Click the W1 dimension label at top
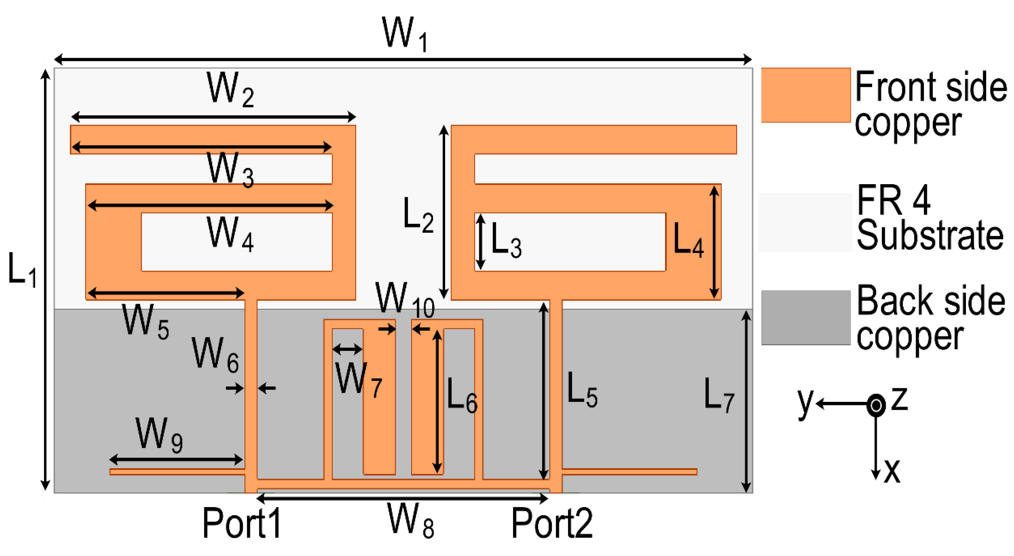405,35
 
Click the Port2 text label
552,523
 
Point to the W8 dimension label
411,520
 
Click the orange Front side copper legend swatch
805,95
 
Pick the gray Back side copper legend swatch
805,317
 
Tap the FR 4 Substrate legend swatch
805,222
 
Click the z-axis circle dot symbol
876,405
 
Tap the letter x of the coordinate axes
892,470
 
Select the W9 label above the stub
159,435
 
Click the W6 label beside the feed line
215,354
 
